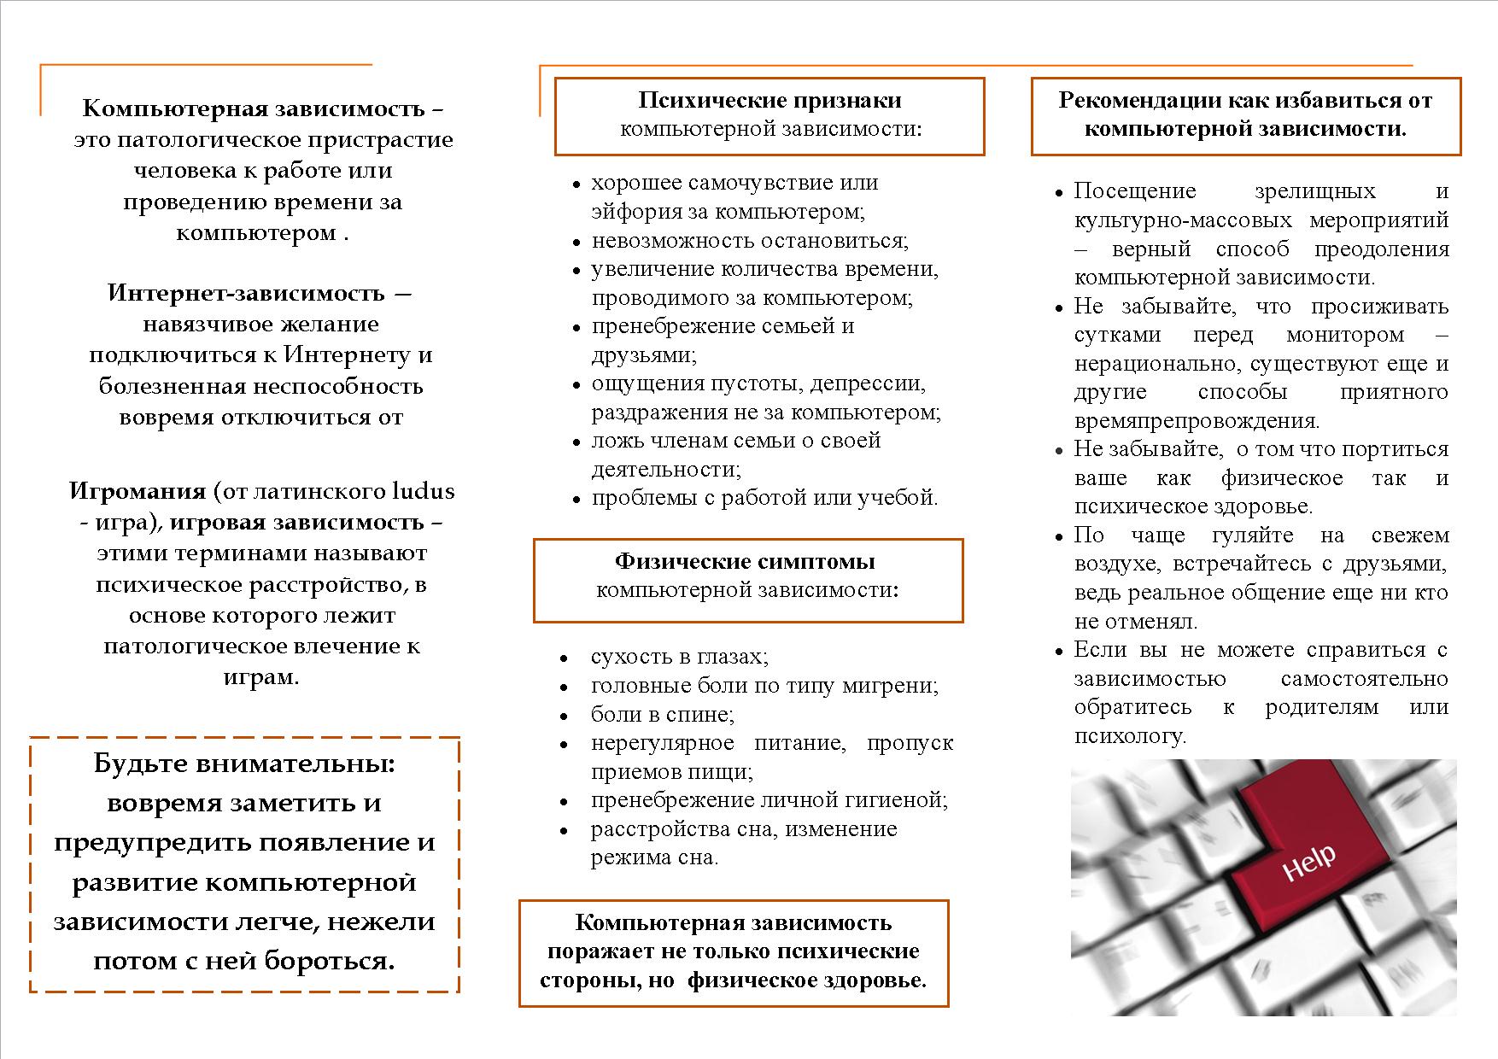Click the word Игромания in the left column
pos(138,491)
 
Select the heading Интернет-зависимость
pos(247,293)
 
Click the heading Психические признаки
pos(769,101)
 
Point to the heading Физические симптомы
pos(745,562)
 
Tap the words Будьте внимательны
pos(244,764)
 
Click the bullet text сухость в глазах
pos(679,657)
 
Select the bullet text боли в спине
pos(662,714)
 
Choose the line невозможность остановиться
pos(750,241)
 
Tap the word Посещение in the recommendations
pos(1135,191)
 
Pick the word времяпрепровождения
pos(1196,421)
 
